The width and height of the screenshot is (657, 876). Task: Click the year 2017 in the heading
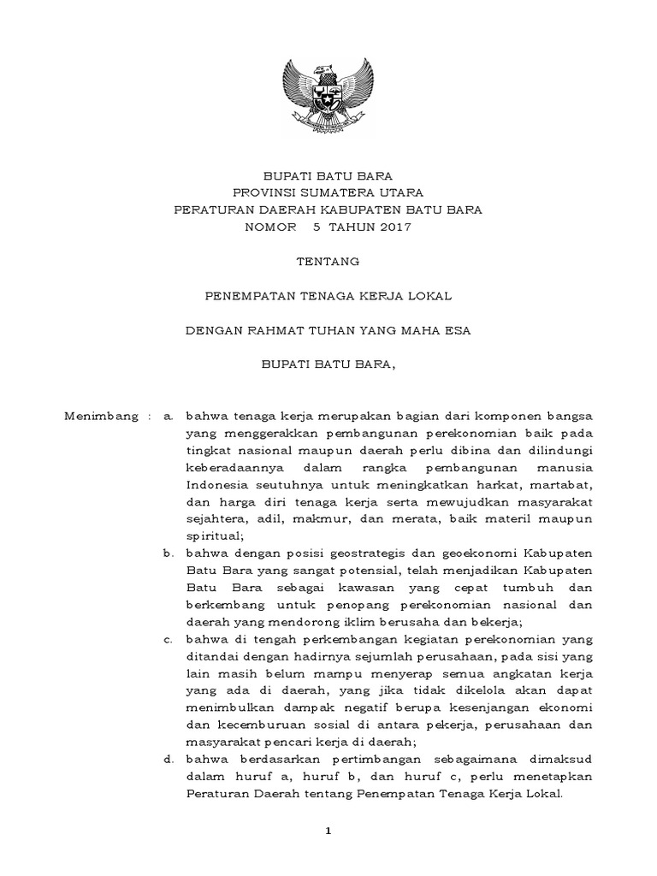[393, 227]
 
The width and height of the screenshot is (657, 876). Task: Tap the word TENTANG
[328, 261]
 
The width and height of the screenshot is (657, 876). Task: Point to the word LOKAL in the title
[430, 295]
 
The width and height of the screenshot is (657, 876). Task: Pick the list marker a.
[169, 416]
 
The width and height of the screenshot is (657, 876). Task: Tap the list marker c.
[169, 639]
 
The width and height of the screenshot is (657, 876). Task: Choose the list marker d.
[169, 759]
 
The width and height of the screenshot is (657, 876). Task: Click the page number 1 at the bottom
[328, 831]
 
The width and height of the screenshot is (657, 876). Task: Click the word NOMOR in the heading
[269, 227]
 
